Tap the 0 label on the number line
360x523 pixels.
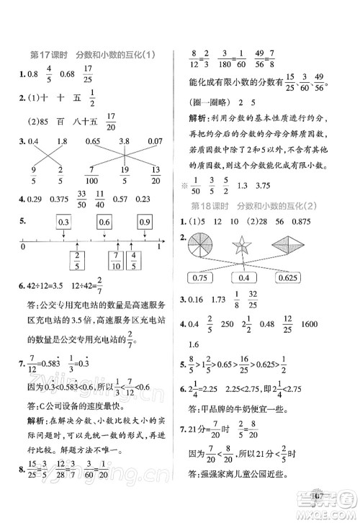coord(23,247)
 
